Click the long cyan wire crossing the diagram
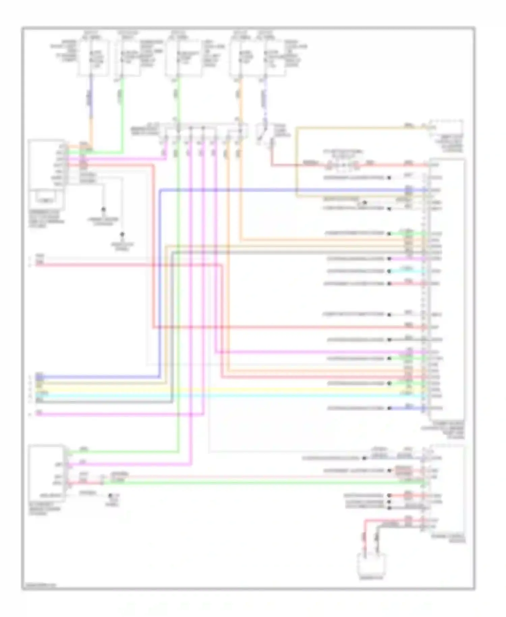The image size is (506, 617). tap(236, 395)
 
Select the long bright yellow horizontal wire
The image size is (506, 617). tap(236, 389)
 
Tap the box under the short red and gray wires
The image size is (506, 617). tap(371, 563)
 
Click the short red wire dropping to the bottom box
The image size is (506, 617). tap(365, 537)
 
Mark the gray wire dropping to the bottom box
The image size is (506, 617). tap(377, 540)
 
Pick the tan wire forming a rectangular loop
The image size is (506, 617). tap(297, 162)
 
